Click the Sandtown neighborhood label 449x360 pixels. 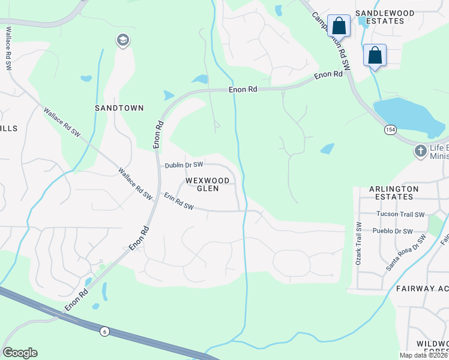119,108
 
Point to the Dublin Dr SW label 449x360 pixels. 184,164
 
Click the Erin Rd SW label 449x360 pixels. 179,202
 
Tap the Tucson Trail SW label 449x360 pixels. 400,214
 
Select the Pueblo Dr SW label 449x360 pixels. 394,231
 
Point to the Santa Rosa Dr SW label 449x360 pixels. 406,252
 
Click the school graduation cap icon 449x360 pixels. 123,40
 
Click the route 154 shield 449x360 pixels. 390,130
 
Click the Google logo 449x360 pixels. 20,353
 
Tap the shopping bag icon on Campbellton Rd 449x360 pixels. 339,26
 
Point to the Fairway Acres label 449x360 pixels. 422,289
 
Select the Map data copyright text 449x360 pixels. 423,355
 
